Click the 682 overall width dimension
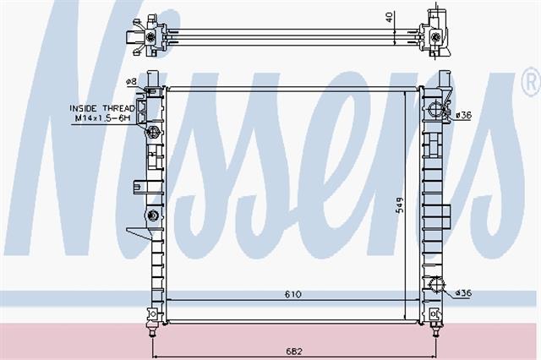tap(293, 352)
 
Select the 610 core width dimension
tap(293, 294)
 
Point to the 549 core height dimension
tap(400, 205)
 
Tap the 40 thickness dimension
tap(390, 17)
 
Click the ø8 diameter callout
tap(132, 81)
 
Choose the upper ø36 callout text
tap(464, 115)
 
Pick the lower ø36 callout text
tap(464, 293)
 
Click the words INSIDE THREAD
tap(102, 108)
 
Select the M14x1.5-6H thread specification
tap(103, 118)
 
